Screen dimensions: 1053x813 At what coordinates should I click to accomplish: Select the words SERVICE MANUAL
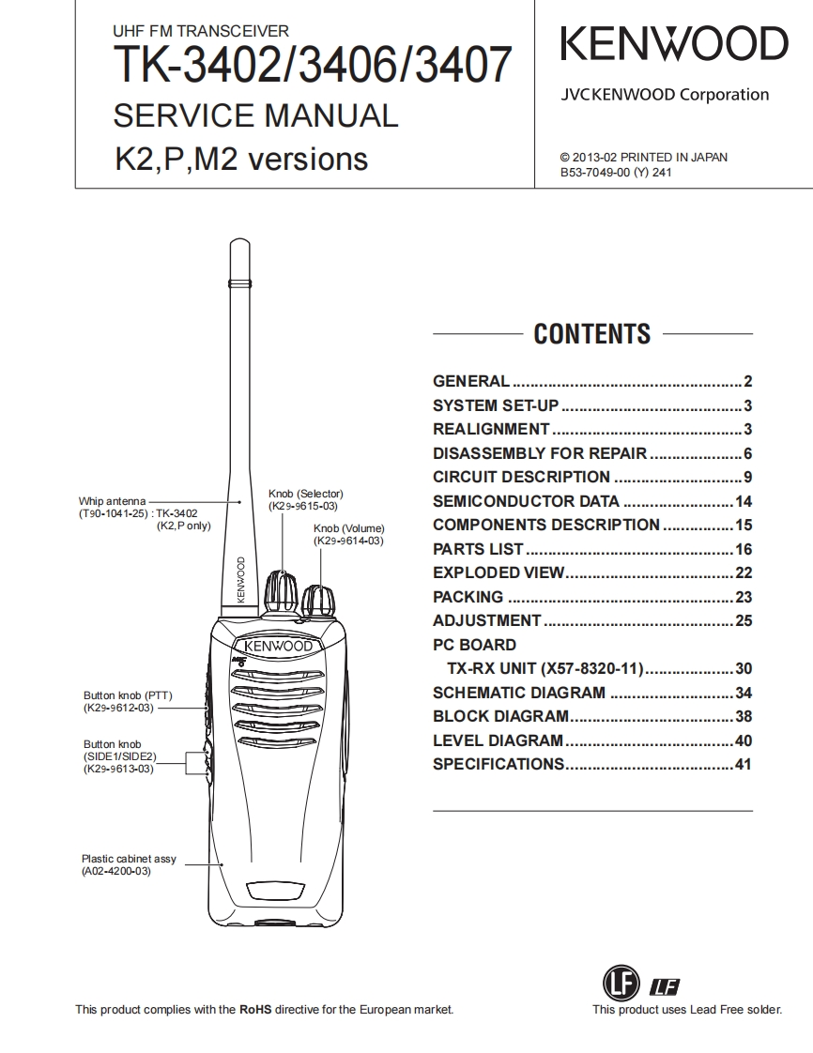click(x=255, y=116)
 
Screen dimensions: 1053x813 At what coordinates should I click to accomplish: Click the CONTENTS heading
click(x=591, y=334)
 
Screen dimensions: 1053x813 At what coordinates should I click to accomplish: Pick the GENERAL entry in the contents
click(x=471, y=381)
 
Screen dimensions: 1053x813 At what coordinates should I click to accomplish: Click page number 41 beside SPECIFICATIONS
click(x=744, y=764)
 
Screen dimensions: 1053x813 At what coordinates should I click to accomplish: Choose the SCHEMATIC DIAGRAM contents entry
click(x=519, y=693)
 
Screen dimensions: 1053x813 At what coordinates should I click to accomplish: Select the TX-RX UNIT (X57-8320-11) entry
click(x=545, y=669)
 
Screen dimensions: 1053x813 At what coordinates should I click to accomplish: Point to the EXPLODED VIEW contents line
click(x=499, y=572)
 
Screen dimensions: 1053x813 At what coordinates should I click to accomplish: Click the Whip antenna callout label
click(x=112, y=502)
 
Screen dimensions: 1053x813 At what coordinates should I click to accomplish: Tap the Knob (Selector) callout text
click(x=305, y=494)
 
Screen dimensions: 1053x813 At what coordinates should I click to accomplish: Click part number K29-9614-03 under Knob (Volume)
click(x=348, y=542)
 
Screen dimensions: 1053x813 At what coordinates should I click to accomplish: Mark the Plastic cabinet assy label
click(x=129, y=859)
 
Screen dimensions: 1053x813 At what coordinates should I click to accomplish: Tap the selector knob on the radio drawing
click(x=281, y=590)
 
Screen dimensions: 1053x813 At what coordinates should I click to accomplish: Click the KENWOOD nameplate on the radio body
click(x=279, y=647)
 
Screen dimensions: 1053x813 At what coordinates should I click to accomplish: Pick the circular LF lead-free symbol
click(x=620, y=984)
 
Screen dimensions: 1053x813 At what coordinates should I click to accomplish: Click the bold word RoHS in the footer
click(x=255, y=1010)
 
